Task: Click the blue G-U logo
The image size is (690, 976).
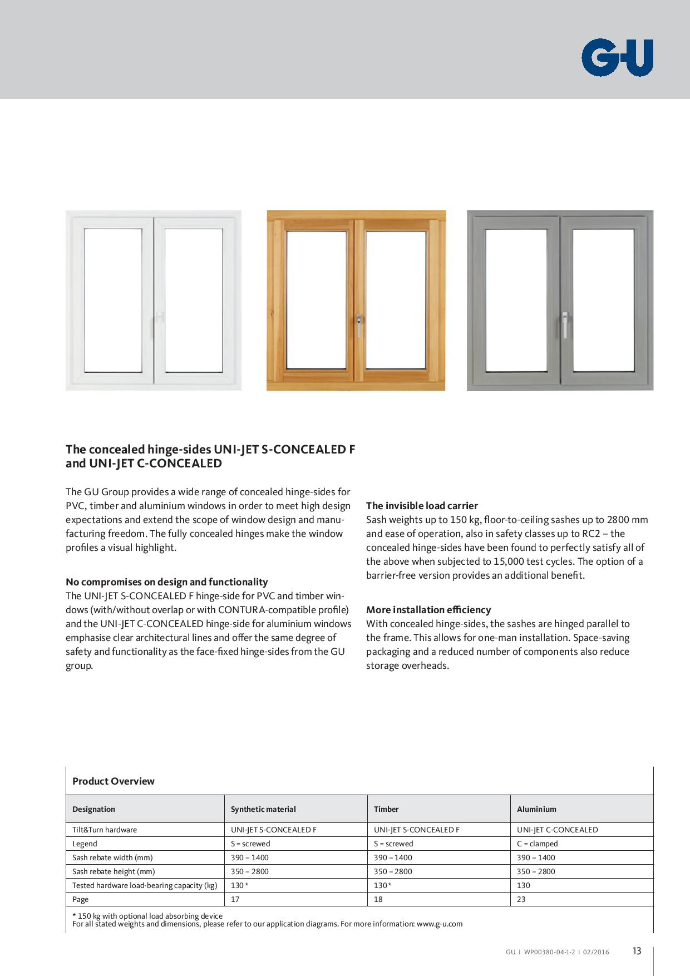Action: [617, 57]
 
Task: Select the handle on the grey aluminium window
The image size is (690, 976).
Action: [565, 326]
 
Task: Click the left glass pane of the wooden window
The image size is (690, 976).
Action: [316, 300]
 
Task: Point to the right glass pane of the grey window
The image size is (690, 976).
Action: [603, 300]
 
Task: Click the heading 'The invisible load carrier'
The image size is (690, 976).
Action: [422, 506]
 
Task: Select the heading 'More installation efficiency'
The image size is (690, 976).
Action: [428, 610]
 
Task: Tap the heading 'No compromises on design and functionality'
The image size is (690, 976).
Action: [166, 582]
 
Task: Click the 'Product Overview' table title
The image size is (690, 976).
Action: [113, 781]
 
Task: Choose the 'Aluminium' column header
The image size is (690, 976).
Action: [536, 809]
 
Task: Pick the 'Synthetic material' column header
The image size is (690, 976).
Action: [263, 809]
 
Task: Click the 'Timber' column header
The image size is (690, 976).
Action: [386, 809]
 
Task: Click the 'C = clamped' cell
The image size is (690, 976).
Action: [537, 844]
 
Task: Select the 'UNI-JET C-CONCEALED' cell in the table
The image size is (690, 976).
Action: [557, 830]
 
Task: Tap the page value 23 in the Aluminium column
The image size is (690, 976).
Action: [521, 899]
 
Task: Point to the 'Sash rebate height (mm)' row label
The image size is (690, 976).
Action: [114, 871]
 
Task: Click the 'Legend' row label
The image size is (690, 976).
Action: [85, 844]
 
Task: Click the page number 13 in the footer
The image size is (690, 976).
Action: [637, 951]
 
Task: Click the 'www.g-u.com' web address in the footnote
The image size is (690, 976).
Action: [439, 924]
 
